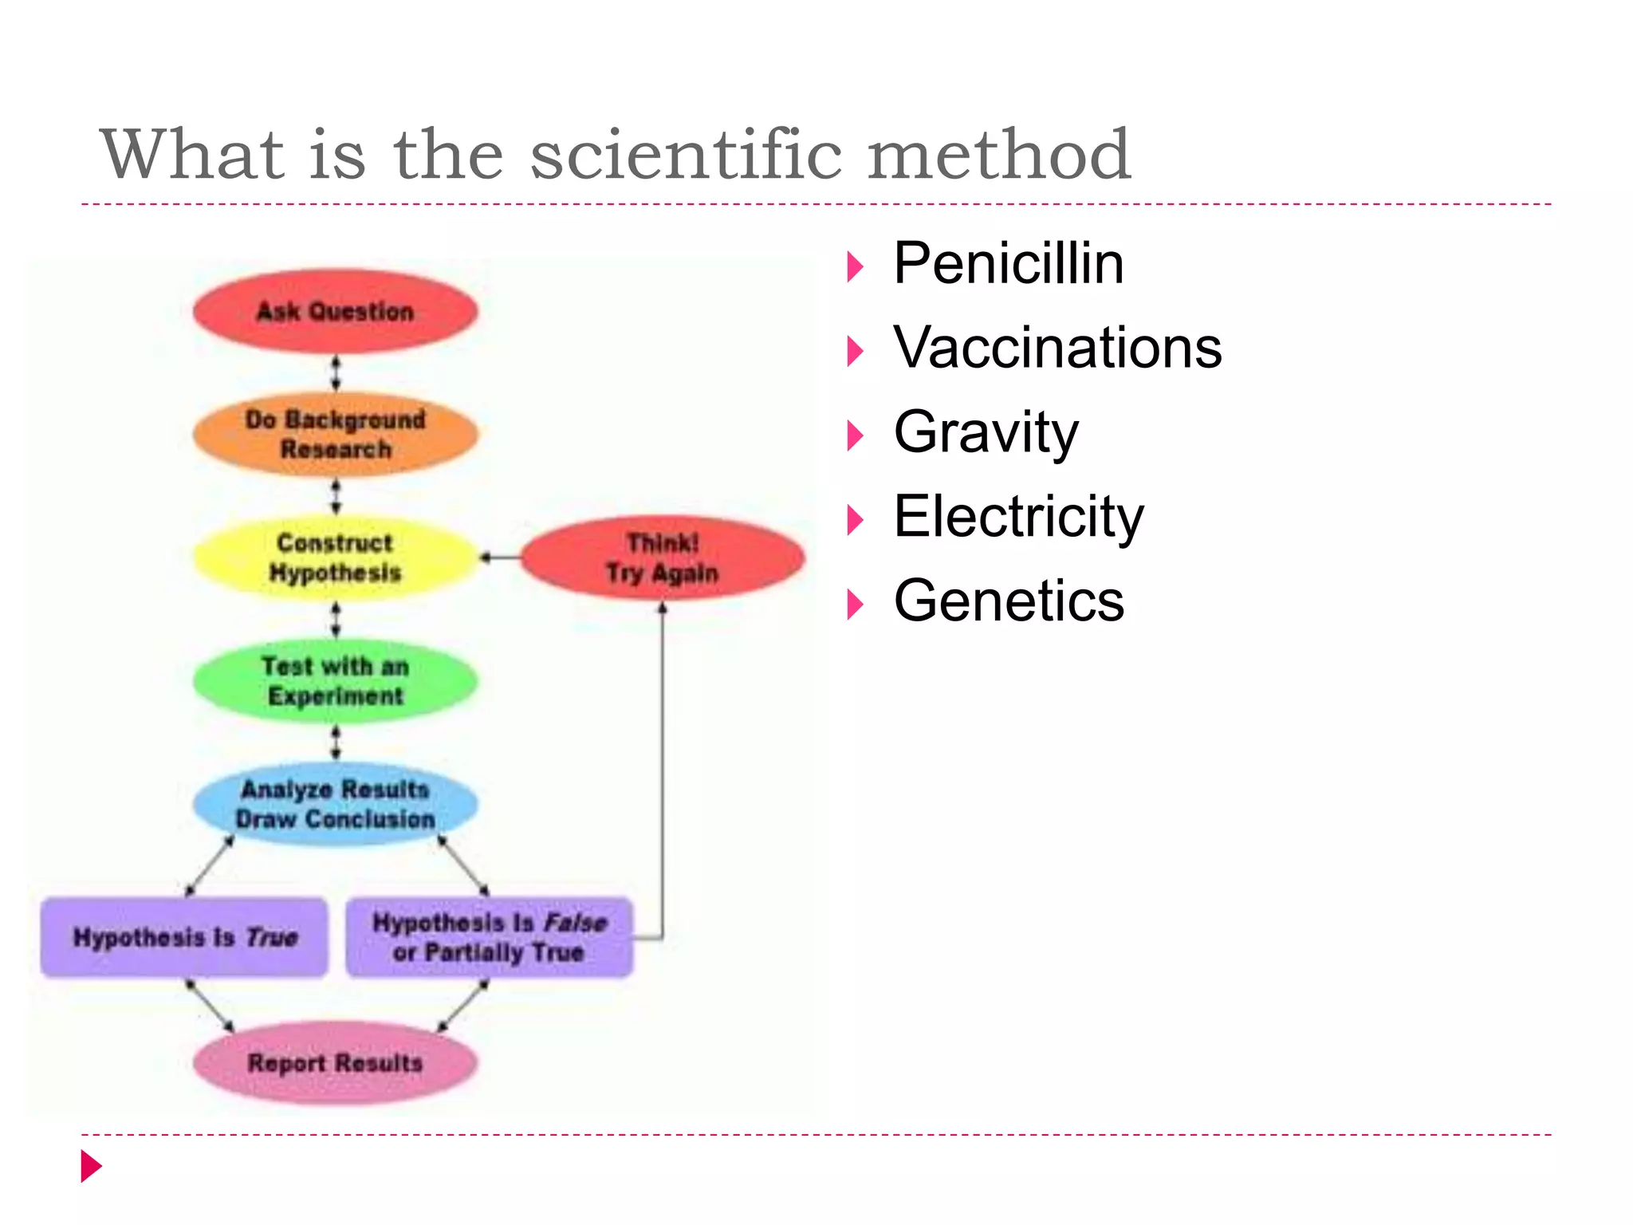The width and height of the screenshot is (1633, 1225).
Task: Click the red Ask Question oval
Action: tap(335, 311)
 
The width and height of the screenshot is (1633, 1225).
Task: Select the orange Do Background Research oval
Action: tap(335, 434)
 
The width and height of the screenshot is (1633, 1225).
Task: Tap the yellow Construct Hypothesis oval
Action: tap(335, 557)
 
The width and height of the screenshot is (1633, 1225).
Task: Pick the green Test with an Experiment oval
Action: tap(335, 681)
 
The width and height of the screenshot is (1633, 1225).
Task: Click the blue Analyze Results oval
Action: tap(335, 804)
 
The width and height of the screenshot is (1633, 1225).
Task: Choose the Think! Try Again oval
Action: tap(662, 557)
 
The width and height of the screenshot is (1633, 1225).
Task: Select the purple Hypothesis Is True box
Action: tap(184, 937)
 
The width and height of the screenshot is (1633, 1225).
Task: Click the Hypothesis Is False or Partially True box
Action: tap(489, 937)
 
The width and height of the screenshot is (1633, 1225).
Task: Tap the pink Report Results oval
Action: tap(335, 1063)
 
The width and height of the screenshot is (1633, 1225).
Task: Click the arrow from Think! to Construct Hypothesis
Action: tap(500, 557)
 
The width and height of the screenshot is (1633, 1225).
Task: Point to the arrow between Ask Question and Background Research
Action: tap(336, 373)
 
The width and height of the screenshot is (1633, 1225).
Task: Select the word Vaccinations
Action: tap(1057, 348)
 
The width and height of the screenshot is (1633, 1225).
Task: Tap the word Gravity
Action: tap(986, 432)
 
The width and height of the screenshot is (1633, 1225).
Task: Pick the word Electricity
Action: tap(1018, 517)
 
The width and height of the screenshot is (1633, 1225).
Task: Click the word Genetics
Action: tap(1008, 601)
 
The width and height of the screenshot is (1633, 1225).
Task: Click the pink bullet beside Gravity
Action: tap(855, 435)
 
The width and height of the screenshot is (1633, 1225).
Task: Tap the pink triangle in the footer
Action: tap(91, 1166)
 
